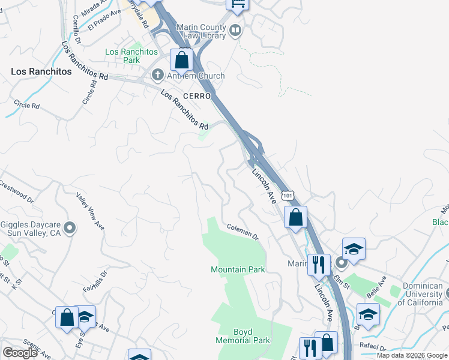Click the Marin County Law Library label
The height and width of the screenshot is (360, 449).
point(201,31)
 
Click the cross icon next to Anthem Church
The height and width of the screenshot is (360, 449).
point(157,76)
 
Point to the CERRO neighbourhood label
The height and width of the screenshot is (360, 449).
point(197,96)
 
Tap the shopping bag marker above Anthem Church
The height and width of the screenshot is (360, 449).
point(181,61)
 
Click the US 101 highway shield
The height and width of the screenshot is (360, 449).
point(289,196)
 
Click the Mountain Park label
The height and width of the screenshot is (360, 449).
point(238,269)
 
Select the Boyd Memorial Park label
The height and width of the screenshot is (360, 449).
point(243,335)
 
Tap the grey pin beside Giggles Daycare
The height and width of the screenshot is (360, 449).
point(70,228)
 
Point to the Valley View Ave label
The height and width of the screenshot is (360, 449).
point(90,211)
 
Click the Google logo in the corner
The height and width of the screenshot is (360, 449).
point(20,353)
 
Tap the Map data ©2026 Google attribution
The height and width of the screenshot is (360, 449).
point(412,355)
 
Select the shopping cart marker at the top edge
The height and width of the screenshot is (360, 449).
point(238,3)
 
